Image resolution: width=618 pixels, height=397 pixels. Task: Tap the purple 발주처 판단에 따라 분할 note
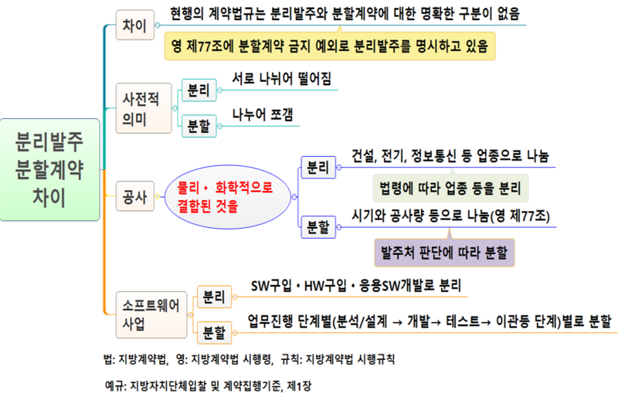coord(444,252)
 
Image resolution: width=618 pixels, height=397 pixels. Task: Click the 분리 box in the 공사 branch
coord(317,166)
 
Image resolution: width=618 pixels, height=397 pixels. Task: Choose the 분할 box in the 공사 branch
coord(317,227)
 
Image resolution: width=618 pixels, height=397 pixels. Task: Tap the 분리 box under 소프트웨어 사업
coord(213,296)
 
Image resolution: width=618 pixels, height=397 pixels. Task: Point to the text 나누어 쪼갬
coord(263,114)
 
